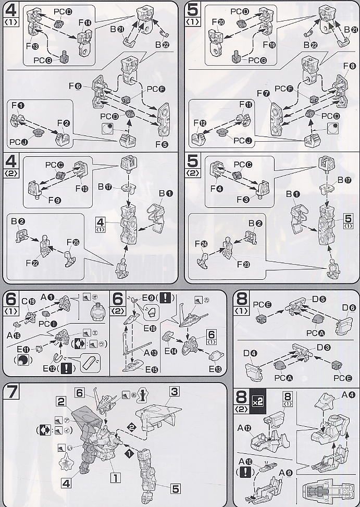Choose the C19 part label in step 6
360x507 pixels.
[28, 301]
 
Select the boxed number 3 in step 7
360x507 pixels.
[175, 391]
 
